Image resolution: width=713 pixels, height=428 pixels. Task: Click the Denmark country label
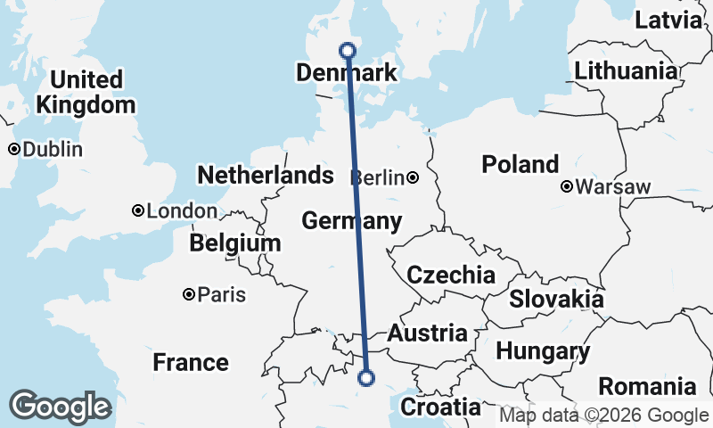click(x=346, y=73)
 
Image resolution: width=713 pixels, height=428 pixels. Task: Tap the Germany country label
click(x=351, y=220)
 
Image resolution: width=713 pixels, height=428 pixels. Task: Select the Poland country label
click(x=520, y=164)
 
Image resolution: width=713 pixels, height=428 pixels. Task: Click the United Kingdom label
click(x=86, y=92)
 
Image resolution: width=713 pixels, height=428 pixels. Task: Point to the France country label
click(x=190, y=363)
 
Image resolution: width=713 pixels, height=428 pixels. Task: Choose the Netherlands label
click(x=265, y=175)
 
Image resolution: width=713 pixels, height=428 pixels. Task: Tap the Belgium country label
click(x=235, y=243)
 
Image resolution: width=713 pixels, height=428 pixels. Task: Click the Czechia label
click(x=451, y=275)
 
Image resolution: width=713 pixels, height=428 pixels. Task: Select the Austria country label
click(x=427, y=333)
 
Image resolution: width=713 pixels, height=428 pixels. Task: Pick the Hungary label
click(x=542, y=351)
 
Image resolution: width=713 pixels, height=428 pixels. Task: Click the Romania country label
click(x=647, y=387)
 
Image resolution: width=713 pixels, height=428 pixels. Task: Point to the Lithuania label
click(x=626, y=71)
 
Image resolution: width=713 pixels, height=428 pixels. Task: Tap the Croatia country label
click(x=440, y=407)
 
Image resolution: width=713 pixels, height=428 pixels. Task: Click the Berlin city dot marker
click(x=413, y=177)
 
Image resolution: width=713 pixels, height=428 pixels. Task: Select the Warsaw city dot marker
click(x=567, y=187)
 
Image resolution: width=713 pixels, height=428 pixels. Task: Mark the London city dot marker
click(x=138, y=211)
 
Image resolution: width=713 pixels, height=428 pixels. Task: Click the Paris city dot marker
click(x=189, y=294)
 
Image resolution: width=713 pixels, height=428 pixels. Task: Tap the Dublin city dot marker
click(x=14, y=150)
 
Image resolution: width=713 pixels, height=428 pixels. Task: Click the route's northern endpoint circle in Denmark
click(x=348, y=51)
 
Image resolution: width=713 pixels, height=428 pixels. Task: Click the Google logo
click(x=59, y=407)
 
